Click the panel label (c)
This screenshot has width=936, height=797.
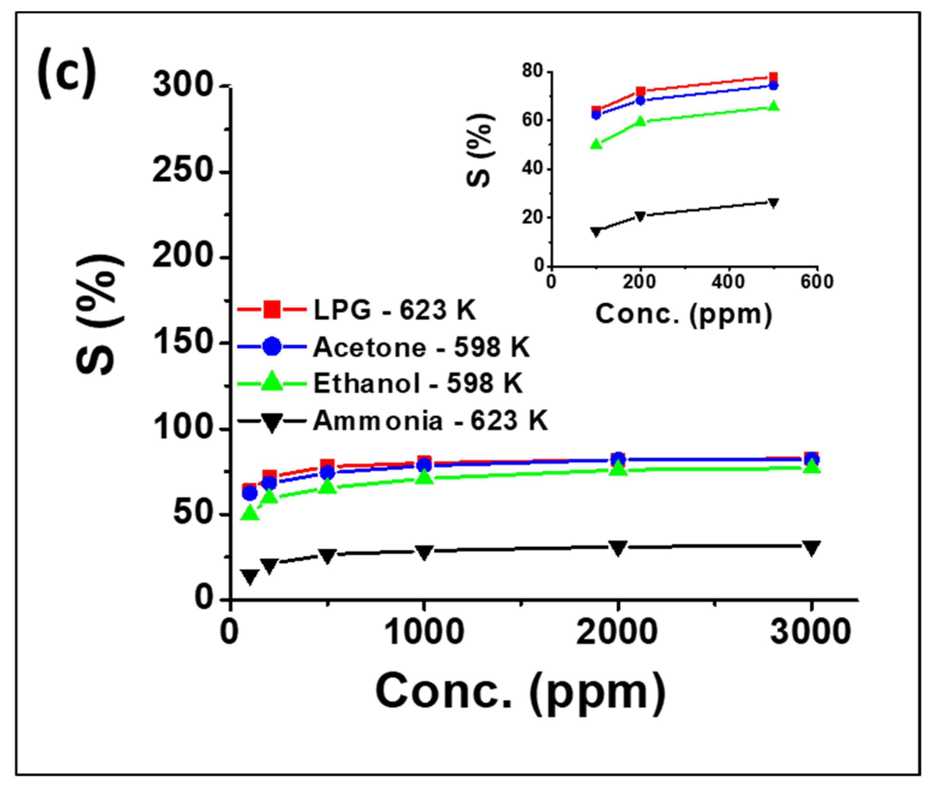tap(67, 72)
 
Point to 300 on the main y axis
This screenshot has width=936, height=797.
tap(182, 85)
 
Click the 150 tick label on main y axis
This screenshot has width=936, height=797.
tap(182, 342)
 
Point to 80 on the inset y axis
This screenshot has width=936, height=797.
tap(532, 71)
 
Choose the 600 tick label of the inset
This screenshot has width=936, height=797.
tap(817, 282)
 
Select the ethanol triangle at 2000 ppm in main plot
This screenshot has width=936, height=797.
tap(618, 468)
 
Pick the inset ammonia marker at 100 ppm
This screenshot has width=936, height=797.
tap(596, 232)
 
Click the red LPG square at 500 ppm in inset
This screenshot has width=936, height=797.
tap(773, 77)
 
